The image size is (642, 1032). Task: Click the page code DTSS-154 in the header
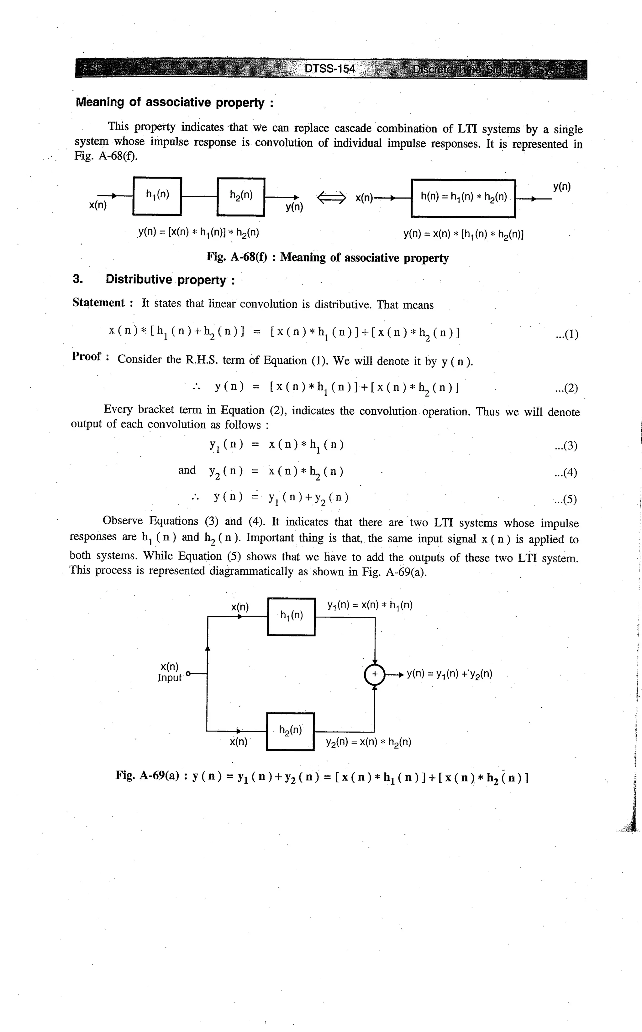tap(330, 69)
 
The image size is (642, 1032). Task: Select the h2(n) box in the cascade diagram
tap(241, 196)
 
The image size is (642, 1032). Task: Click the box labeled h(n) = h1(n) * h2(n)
tap(463, 198)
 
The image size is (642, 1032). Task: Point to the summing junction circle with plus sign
tap(375, 674)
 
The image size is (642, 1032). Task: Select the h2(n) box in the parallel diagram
tap(290, 732)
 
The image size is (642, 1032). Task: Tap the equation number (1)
tap(566, 335)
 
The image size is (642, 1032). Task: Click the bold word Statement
tap(98, 303)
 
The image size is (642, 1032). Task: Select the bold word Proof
tap(87, 357)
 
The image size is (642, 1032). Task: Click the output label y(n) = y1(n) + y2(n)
tap(449, 674)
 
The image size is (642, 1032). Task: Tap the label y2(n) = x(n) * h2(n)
tap(368, 742)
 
